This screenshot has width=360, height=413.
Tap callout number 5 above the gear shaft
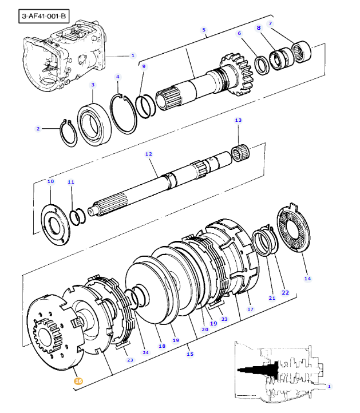click(x=204, y=29)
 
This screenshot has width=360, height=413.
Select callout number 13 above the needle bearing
click(x=238, y=120)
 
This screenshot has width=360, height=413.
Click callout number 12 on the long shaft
click(x=148, y=154)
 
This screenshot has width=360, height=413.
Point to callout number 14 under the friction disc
click(x=307, y=279)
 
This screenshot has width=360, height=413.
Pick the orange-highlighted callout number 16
click(x=78, y=380)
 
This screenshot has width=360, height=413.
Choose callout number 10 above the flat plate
click(x=50, y=181)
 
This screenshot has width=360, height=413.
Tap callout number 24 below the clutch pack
click(x=145, y=352)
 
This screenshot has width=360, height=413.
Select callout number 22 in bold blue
click(x=285, y=293)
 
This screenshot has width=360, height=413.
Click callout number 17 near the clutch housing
click(x=250, y=309)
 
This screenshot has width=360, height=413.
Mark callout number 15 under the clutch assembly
click(x=190, y=354)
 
